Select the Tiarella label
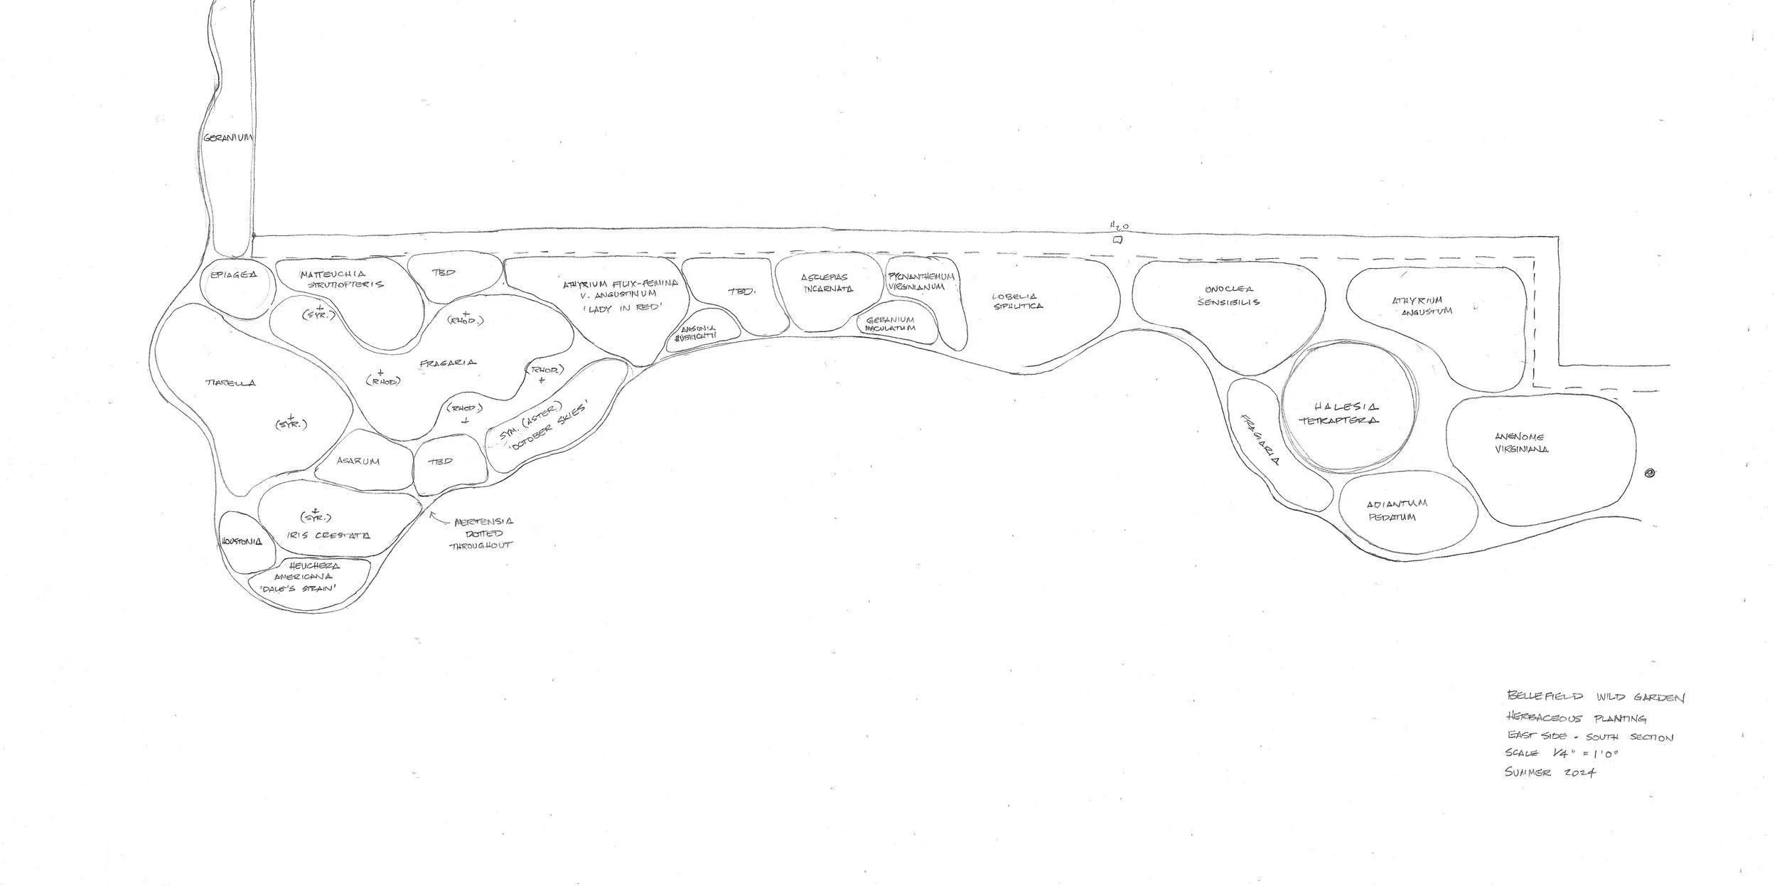(230, 383)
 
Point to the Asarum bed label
(358, 461)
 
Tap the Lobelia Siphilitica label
(1019, 301)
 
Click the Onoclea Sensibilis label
(1228, 296)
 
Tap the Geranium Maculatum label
(890, 324)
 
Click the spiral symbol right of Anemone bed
(1650, 474)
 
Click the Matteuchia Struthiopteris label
(341, 279)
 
